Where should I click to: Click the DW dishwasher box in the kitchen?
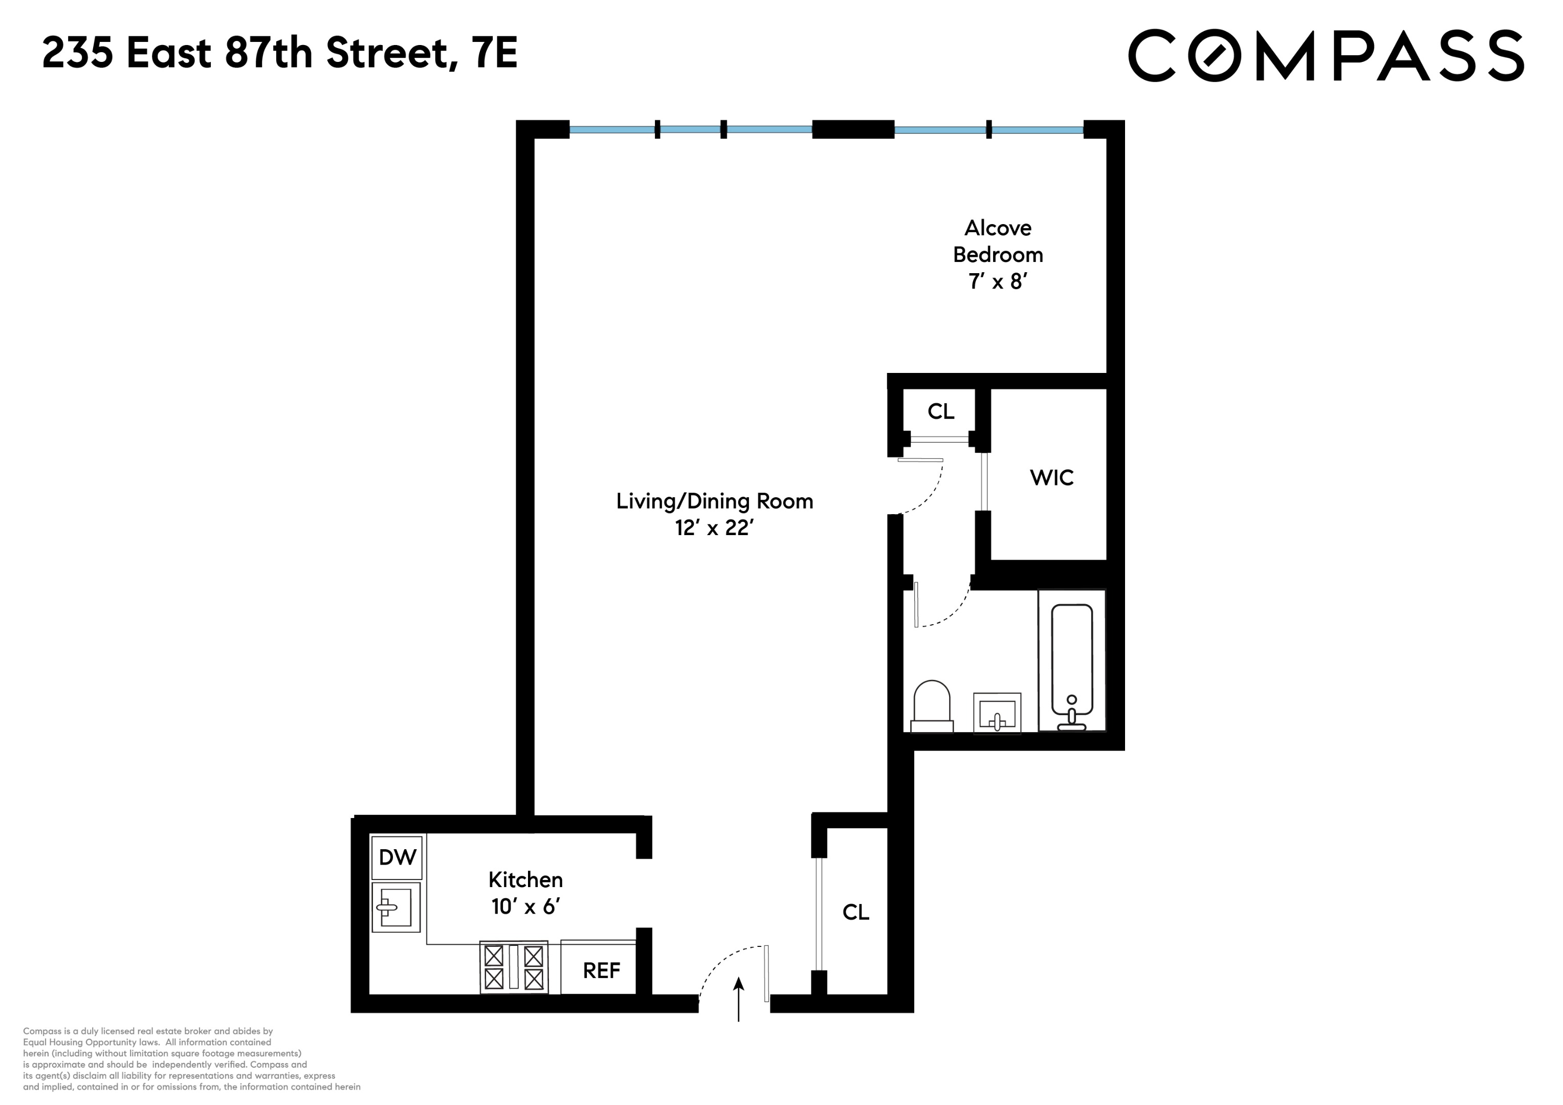397,857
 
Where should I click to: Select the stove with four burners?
514,967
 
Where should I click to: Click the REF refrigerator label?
601,970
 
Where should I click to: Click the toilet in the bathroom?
931,706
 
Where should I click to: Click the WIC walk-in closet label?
1052,478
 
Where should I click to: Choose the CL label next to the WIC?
941,411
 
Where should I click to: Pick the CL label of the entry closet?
856,912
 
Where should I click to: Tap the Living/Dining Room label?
714,501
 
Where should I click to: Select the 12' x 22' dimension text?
714,527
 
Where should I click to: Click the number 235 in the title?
77,53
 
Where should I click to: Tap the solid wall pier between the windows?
852,129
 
